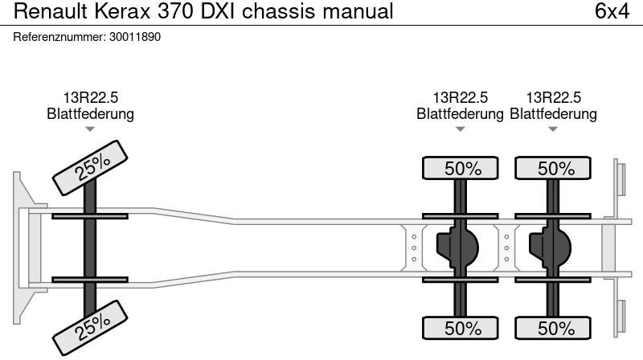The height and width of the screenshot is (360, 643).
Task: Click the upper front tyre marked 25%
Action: click(x=93, y=166)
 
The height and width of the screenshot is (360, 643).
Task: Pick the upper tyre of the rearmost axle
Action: click(x=554, y=169)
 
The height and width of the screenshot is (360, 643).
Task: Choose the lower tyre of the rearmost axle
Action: click(x=554, y=328)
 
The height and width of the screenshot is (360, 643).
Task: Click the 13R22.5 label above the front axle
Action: click(x=90, y=98)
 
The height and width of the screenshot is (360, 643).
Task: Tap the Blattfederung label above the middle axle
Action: click(x=460, y=114)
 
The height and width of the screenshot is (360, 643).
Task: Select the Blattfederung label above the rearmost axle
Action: click(x=554, y=114)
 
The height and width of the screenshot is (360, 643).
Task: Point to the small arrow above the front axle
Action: click(x=90, y=129)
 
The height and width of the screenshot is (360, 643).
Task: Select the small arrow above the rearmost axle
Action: click(x=553, y=129)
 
